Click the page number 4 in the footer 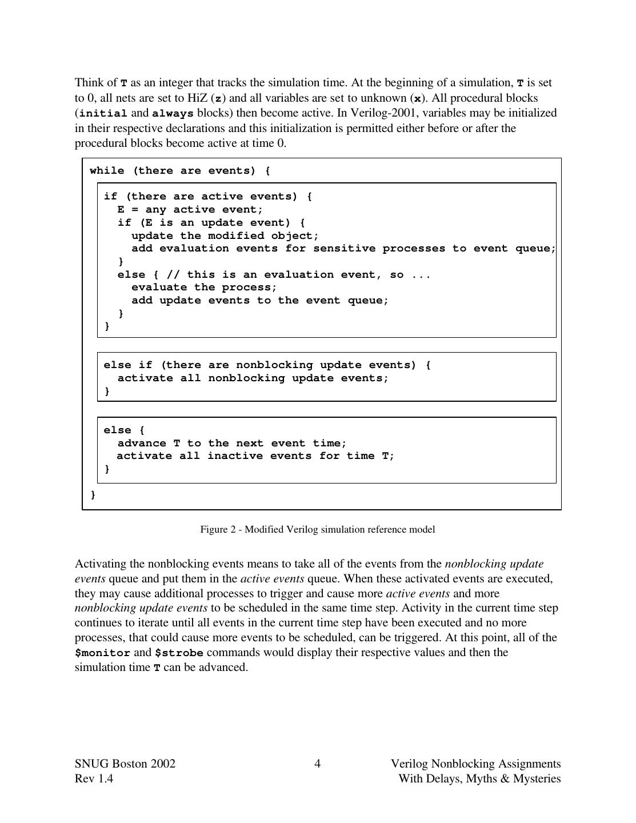[x=317, y=764]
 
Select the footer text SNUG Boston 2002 [x=125, y=764]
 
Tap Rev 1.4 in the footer [x=94, y=778]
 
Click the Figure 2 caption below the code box [x=317, y=529]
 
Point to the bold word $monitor [x=102, y=653]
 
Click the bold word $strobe [x=179, y=653]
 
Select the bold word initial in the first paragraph [x=103, y=113]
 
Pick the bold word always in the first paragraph [x=173, y=113]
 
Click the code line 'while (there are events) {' [x=180, y=170]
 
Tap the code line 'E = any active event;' [x=190, y=209]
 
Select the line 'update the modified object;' [x=225, y=235]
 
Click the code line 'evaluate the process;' [x=204, y=287]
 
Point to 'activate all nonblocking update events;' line [x=253, y=378]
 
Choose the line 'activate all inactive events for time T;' [x=255, y=456]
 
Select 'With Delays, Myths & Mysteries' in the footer [x=479, y=778]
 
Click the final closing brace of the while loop [x=93, y=494]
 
